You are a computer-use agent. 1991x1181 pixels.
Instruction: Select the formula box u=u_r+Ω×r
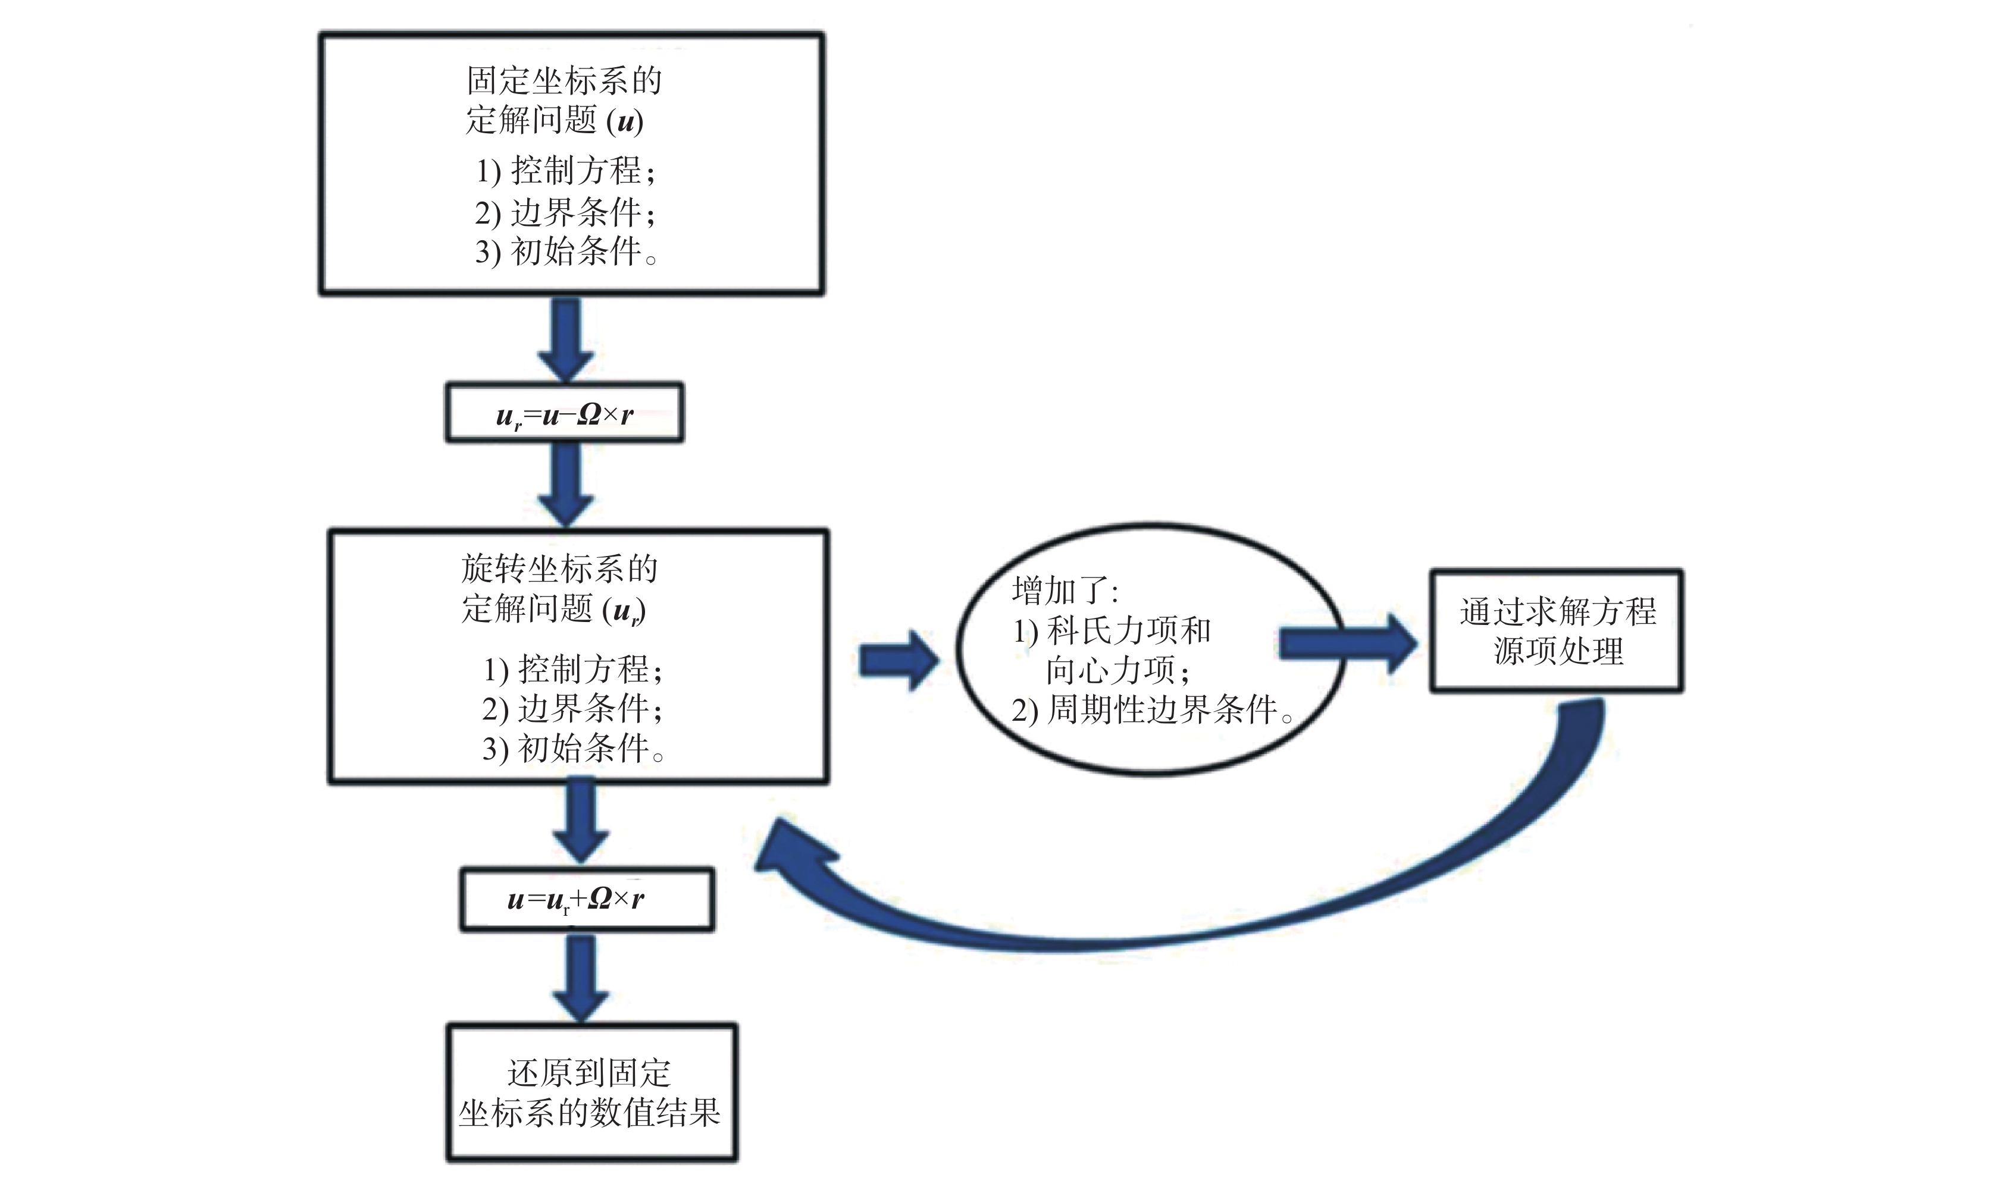tap(586, 899)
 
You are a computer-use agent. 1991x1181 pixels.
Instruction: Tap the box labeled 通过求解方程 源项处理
tap(1557, 630)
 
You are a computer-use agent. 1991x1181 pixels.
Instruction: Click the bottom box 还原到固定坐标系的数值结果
tap(591, 1092)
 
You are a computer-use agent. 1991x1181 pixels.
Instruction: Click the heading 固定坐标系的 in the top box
tap(564, 80)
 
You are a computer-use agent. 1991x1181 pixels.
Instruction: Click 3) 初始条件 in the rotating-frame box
tap(573, 749)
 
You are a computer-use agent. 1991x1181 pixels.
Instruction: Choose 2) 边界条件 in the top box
tap(565, 212)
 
